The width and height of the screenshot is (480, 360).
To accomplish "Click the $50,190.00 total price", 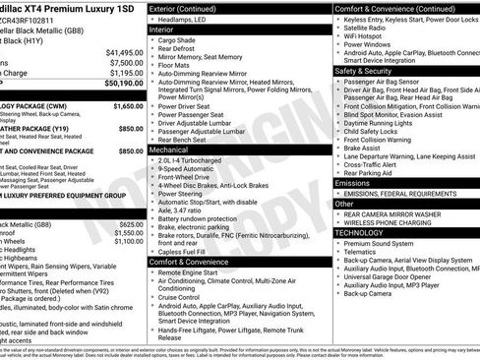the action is [117, 84].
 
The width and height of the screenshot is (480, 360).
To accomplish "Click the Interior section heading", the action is [161, 30].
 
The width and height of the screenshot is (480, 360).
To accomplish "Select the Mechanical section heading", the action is [169, 148].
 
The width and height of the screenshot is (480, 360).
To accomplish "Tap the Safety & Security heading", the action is [364, 71].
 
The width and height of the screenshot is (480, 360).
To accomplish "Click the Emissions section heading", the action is [353, 183].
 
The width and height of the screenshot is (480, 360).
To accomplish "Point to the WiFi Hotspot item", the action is [369, 36].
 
